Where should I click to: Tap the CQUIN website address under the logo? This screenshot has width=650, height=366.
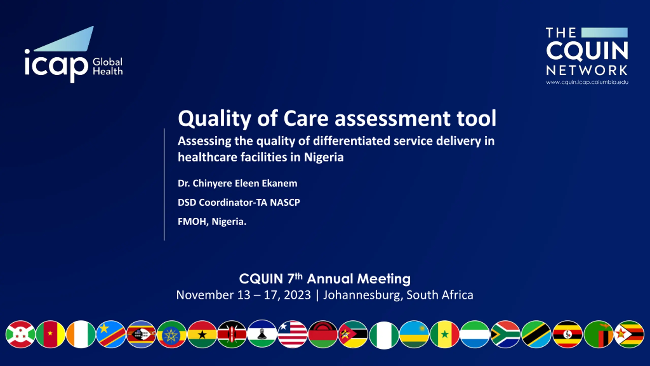(x=587, y=82)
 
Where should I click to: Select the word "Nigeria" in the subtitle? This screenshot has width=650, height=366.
(x=324, y=157)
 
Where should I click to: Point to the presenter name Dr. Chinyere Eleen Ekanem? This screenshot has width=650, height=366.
(x=237, y=183)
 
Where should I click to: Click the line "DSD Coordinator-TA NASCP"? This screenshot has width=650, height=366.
(x=239, y=202)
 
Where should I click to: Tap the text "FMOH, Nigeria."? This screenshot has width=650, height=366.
(x=212, y=222)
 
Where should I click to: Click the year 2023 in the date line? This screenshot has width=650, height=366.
(x=297, y=295)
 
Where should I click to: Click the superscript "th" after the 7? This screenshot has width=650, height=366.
(x=299, y=276)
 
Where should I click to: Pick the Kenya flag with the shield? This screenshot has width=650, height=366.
(x=232, y=334)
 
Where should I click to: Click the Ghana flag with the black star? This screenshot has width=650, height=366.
(x=202, y=334)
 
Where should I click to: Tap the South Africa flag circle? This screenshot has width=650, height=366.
(x=505, y=334)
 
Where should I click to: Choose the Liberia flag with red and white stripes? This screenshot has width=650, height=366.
(x=292, y=334)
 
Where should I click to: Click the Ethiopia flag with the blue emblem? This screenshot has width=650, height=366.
(x=172, y=334)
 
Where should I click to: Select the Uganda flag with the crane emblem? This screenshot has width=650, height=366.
(x=567, y=334)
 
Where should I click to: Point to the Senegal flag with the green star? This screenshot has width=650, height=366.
(x=445, y=334)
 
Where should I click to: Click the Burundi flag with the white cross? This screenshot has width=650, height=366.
(x=20, y=334)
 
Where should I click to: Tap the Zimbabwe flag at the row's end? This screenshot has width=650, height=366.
(x=629, y=334)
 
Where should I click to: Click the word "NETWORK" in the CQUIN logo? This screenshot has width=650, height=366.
(x=587, y=70)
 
